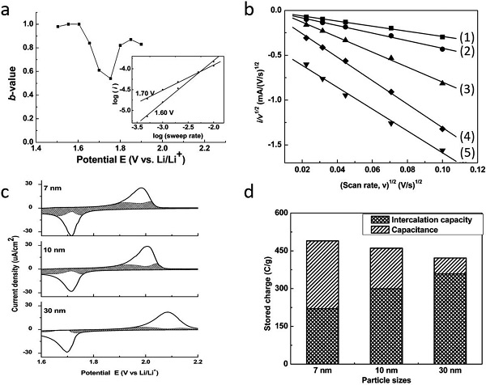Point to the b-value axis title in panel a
[9, 71]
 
